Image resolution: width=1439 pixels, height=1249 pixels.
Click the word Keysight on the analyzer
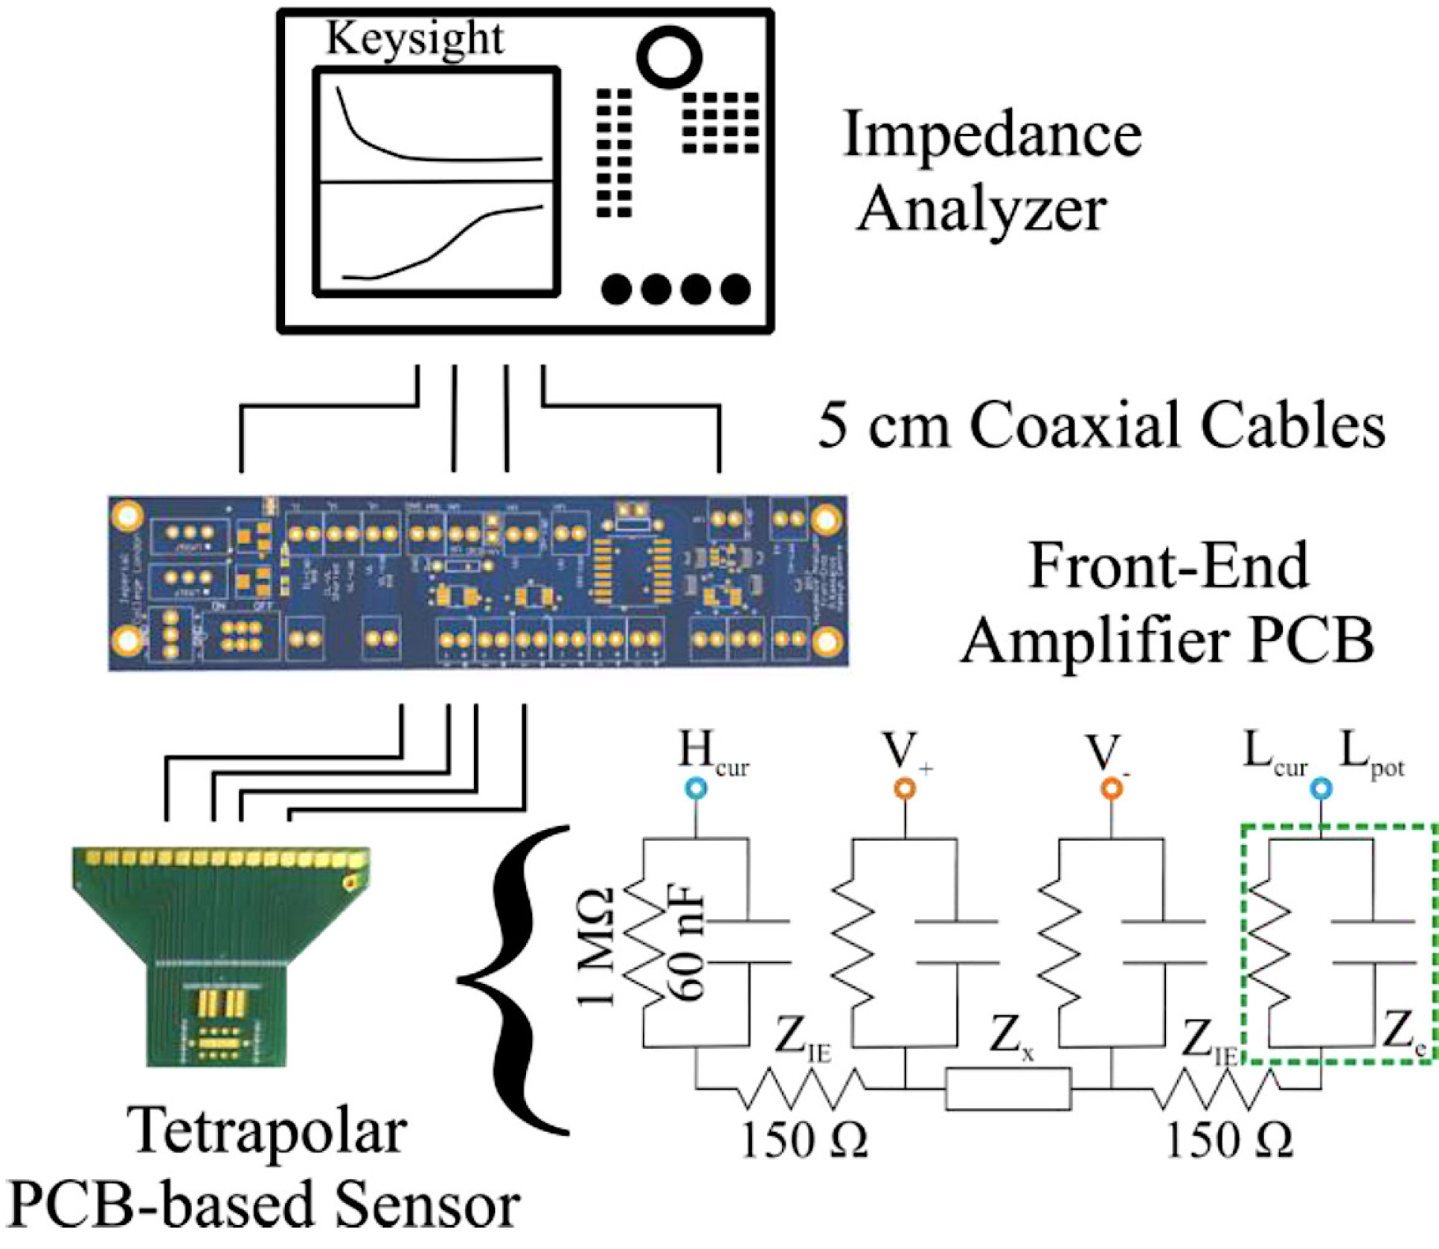pyautogui.click(x=414, y=38)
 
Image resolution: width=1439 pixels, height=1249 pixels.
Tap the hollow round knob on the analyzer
pyautogui.click(x=669, y=57)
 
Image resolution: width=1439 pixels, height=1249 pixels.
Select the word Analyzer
pyautogui.click(x=981, y=209)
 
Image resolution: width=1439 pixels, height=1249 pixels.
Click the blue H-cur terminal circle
pyautogui.click(x=696, y=788)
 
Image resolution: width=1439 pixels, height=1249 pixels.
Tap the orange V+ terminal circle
pyautogui.click(x=905, y=788)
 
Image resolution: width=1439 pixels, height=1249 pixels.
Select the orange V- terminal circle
pyautogui.click(x=1112, y=788)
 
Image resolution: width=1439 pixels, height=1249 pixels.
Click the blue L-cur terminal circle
pyautogui.click(x=1321, y=788)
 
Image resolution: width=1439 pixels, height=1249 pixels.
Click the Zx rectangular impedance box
pyautogui.click(x=1008, y=1089)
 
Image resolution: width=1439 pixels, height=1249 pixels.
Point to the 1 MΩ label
pyautogui.click(x=597, y=947)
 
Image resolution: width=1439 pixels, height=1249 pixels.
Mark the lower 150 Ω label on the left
pyautogui.click(x=804, y=1140)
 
